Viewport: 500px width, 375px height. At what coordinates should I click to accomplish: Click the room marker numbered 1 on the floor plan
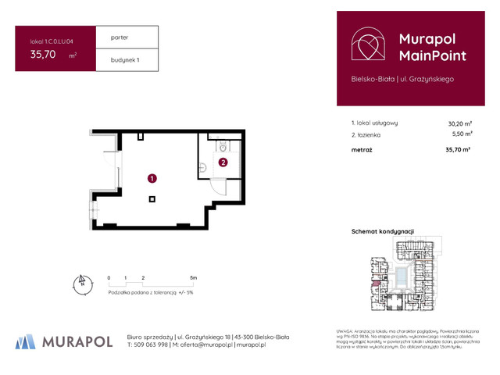click(x=151, y=178)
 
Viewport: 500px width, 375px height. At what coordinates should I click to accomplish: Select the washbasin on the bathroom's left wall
click(x=201, y=165)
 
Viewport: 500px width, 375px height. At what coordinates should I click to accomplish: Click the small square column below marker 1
click(x=152, y=198)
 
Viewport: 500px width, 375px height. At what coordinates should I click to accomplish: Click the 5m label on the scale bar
click(x=193, y=277)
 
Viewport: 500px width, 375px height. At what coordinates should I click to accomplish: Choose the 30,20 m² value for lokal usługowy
click(x=459, y=123)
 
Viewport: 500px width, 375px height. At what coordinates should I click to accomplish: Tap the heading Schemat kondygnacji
click(x=383, y=232)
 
